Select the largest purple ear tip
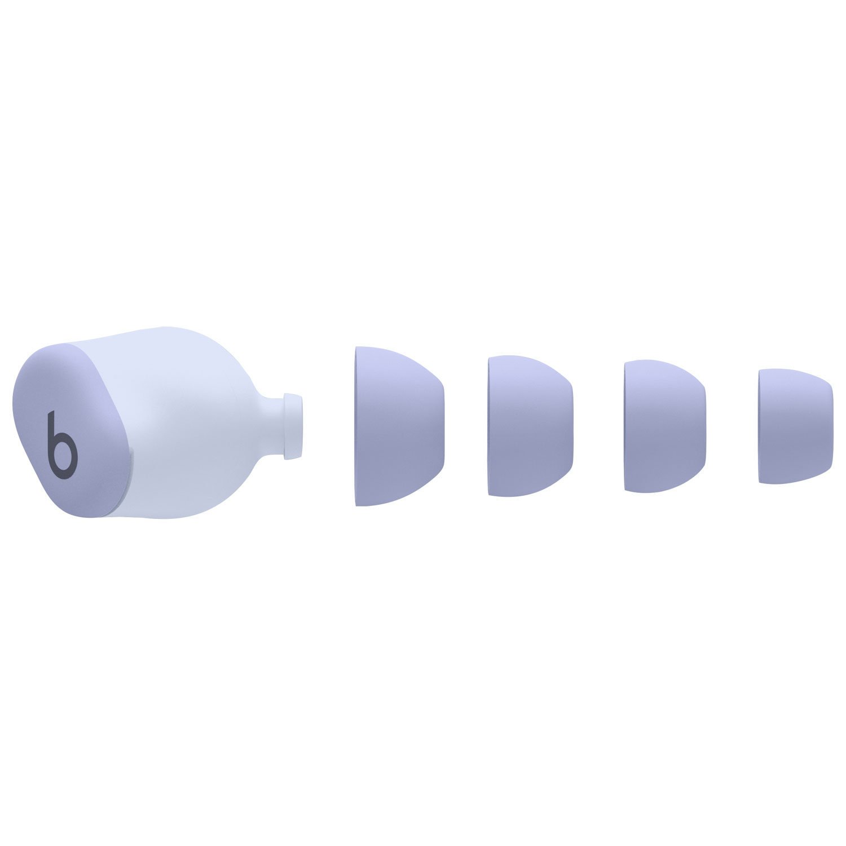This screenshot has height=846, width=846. [398, 426]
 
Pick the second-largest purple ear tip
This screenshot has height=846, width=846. [530, 426]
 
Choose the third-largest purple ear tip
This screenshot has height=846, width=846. [664, 426]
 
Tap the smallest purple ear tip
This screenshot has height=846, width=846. [795, 426]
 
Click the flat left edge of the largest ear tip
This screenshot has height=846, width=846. [356, 426]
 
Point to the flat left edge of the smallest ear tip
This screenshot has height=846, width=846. [760, 426]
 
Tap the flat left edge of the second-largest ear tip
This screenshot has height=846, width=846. [490, 426]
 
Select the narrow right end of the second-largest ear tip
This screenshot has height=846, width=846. [571, 426]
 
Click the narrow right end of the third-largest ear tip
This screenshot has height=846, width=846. [703, 426]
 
